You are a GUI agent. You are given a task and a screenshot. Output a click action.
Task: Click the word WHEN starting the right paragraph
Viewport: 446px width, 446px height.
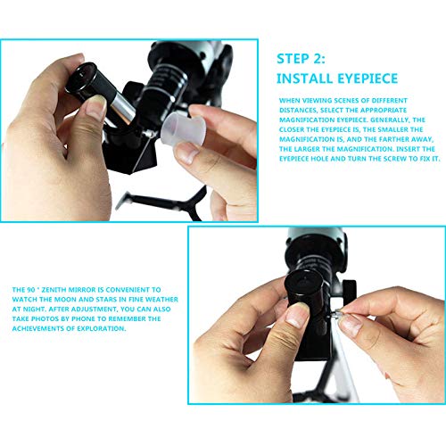[292, 100]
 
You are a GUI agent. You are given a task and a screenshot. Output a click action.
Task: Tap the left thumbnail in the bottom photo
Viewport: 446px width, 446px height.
[293, 318]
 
